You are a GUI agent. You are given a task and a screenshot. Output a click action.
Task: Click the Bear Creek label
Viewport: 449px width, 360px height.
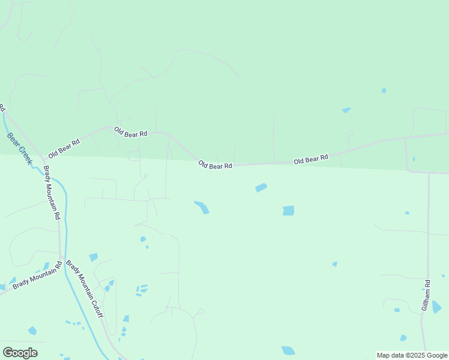19,148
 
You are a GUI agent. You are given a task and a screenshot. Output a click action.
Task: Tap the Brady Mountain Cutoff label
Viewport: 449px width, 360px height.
85,289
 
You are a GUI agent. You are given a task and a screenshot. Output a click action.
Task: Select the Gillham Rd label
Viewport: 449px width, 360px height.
426,295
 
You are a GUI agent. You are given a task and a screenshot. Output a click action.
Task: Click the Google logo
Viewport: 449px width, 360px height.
20,353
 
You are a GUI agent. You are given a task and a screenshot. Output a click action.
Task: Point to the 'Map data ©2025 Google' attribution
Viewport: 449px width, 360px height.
412,355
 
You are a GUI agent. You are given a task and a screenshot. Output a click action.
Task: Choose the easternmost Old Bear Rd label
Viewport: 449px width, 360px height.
311,159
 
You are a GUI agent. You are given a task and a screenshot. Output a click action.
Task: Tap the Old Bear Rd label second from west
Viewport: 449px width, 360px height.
131,133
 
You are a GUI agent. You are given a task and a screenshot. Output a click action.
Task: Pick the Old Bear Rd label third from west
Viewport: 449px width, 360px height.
215,165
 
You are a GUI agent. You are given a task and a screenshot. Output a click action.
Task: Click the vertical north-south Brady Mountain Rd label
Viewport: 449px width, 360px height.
52,193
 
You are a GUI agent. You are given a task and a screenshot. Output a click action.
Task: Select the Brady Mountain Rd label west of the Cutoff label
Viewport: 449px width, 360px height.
37,274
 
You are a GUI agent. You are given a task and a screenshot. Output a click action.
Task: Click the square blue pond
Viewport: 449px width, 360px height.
289,211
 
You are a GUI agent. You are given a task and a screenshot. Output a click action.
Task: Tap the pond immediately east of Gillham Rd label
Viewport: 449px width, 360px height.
436,307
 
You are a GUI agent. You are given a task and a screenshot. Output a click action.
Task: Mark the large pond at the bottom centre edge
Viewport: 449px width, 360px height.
288,350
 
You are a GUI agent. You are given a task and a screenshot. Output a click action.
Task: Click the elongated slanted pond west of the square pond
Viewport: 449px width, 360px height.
202,207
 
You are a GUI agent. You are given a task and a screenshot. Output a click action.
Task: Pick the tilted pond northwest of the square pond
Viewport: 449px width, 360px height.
261,188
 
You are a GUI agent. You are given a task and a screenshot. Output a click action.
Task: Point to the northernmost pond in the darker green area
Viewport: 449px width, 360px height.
384,91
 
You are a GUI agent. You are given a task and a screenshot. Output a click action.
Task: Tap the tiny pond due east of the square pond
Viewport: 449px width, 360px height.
407,212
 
